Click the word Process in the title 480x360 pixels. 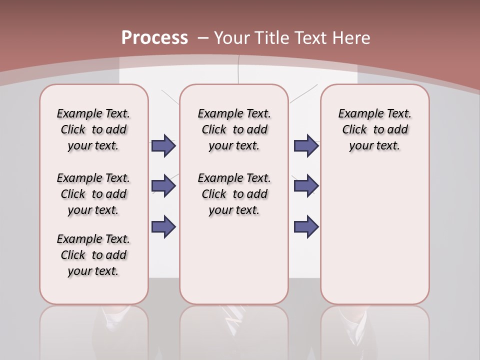[x=154, y=38]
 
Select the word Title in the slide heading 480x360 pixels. [x=270, y=38]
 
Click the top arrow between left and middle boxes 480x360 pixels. [x=163, y=145]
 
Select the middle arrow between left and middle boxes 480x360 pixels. [x=163, y=186]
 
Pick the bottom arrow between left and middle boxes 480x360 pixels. [x=163, y=226]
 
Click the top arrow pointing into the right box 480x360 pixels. [x=306, y=145]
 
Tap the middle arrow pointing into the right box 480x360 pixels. [x=306, y=186]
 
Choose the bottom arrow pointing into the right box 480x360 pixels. [x=306, y=226]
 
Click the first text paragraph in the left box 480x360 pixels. [x=93, y=129]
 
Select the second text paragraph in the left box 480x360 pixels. [x=93, y=194]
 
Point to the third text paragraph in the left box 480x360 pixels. [x=93, y=255]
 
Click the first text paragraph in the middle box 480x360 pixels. [x=234, y=129]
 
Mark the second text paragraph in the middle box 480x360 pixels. [x=234, y=194]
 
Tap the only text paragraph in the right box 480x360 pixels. [x=375, y=129]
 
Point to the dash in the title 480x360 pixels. [x=203, y=38]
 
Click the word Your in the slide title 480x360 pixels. [x=231, y=38]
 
